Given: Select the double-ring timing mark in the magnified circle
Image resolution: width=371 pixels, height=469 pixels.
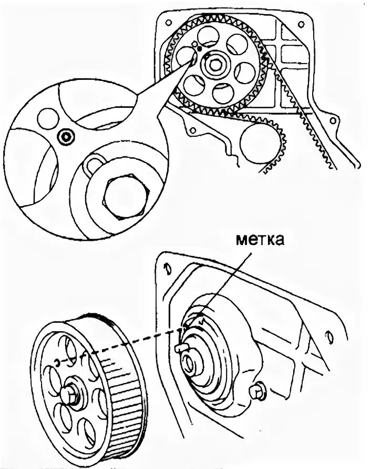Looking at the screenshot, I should point(65,138).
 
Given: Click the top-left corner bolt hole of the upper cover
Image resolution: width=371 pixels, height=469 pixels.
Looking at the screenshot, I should point(168,23).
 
